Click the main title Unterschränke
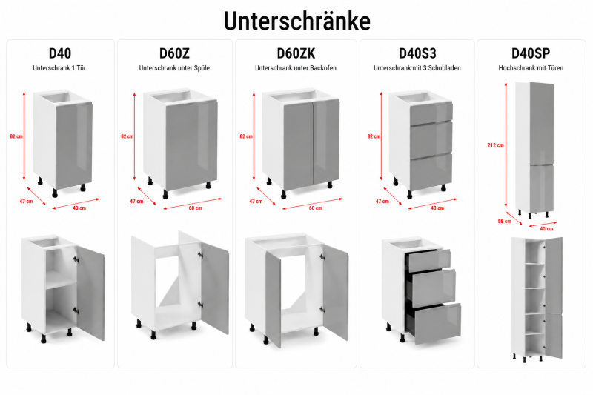[297, 21]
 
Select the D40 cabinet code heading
[60, 53]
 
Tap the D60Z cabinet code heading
[174, 53]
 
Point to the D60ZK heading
[296, 53]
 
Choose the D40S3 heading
[417, 53]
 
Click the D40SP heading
[531, 53]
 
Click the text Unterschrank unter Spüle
[174, 68]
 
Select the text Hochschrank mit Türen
[531, 68]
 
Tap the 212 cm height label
[495, 145]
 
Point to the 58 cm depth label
[505, 221]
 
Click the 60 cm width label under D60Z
[195, 208]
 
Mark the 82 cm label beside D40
[16, 136]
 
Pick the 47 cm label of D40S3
[382, 201]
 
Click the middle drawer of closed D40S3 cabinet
[431, 140]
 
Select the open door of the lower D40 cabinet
[91, 293]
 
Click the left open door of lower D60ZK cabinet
[273, 299]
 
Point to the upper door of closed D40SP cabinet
[542, 124]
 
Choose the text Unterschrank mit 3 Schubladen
[417, 68]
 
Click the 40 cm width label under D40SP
[546, 229]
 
